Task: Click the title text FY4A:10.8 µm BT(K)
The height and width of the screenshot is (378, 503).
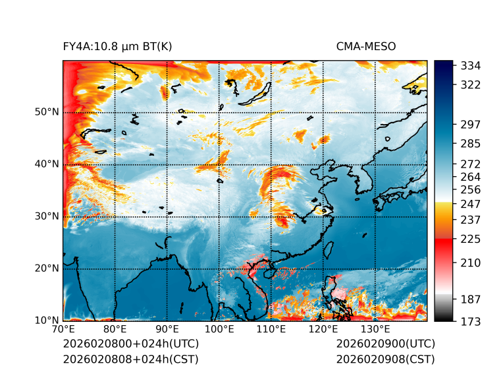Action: coord(118,47)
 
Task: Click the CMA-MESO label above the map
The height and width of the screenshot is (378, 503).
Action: coord(366,47)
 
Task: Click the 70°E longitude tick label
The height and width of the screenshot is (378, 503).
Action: coord(63,330)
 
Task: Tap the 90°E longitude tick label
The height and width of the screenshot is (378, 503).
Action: coord(167,330)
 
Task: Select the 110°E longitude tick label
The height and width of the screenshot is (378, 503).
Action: coord(271,330)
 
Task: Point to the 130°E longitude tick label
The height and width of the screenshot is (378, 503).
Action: coord(375,330)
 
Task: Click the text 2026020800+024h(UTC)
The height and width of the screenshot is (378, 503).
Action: coord(131,344)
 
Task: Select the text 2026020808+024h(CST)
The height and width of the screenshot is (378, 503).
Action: coord(130,360)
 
